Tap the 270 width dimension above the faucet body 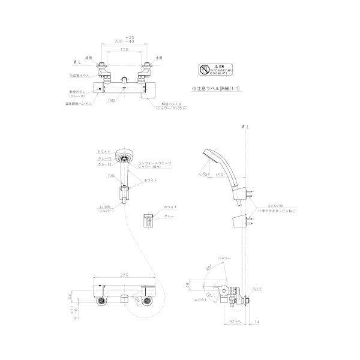[x=124, y=274]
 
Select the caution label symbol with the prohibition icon [x=206, y=70]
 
